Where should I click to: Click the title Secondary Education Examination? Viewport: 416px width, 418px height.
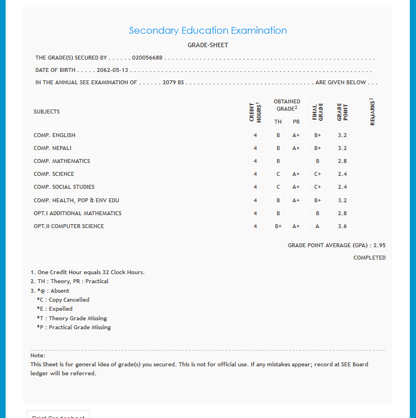[x=207, y=31]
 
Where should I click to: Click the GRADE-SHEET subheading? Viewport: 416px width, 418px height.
[x=207, y=45]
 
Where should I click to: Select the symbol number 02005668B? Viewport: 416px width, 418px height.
[x=147, y=58]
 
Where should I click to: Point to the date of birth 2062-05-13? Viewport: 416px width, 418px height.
[x=112, y=70]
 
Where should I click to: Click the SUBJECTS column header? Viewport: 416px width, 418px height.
[x=47, y=112]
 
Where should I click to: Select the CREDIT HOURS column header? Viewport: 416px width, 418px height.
[x=255, y=112]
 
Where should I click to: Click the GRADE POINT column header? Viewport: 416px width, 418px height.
[x=342, y=112]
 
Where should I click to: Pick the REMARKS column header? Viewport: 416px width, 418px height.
[x=372, y=112]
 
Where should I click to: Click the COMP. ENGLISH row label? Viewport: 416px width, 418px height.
[x=55, y=135]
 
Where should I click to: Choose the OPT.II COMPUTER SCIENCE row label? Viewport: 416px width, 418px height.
[x=69, y=226]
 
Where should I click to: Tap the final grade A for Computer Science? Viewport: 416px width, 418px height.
[x=318, y=226]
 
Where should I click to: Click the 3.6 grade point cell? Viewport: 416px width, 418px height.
[x=342, y=226]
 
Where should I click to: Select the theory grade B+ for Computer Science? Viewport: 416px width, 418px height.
[x=278, y=226]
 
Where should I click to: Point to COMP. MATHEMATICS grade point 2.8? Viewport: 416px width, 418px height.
[x=342, y=161]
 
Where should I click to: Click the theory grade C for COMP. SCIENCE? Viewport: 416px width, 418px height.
[x=278, y=174]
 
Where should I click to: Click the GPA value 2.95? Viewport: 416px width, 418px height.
[x=379, y=246]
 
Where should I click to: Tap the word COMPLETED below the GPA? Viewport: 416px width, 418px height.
[x=369, y=258]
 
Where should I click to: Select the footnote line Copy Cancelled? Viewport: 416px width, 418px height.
[x=63, y=300]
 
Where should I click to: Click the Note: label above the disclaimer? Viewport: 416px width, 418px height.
[x=38, y=356]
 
